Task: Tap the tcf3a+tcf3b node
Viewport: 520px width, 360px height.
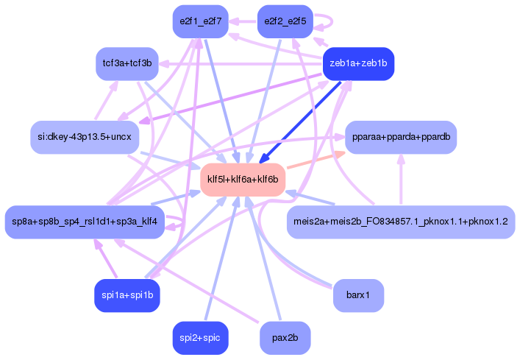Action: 127,63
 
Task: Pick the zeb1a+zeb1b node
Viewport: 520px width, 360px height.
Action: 358,63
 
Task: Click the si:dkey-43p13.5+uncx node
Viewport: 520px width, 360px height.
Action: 85,136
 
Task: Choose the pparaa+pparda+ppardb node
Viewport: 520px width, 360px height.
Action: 401,137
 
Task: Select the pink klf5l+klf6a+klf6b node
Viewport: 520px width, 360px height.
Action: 243,180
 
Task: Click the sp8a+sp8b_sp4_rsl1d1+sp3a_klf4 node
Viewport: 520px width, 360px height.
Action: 83,222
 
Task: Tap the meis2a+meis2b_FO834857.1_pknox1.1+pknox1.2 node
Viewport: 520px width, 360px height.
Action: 400,222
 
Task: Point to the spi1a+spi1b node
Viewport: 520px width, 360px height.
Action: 127,296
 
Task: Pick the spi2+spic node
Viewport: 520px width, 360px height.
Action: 200,338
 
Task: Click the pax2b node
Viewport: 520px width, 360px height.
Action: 285,338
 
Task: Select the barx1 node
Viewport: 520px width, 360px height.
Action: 358,296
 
